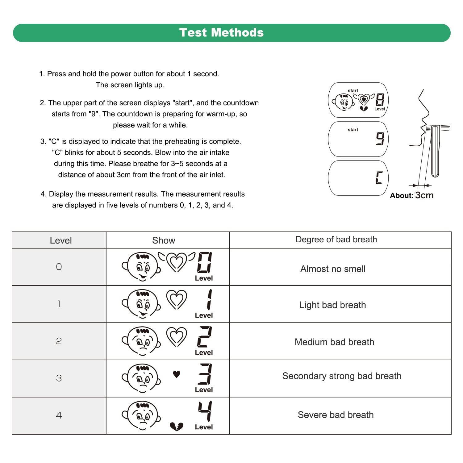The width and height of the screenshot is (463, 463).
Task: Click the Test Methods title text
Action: coord(221,32)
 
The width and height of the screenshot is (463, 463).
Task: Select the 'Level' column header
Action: coord(60,240)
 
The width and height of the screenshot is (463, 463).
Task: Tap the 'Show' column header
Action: coord(164,240)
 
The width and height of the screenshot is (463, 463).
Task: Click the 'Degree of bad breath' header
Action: coord(336,240)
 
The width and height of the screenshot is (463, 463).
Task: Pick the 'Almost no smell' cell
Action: coord(333,269)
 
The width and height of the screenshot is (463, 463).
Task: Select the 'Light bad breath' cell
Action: coord(332,305)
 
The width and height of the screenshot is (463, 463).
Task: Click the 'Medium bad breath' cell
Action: coord(334,342)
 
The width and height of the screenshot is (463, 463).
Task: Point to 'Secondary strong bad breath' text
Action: coord(342,376)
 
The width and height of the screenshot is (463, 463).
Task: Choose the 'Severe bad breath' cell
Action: coord(336,415)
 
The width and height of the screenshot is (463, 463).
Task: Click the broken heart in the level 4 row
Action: coord(177,427)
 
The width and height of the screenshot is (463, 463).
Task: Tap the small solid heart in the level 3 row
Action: coord(177,374)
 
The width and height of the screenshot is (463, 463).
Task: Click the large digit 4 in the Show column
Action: coord(205,411)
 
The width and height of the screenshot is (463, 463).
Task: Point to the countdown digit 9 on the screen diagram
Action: coord(380,139)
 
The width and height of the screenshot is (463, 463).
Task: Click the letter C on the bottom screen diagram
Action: coord(379,178)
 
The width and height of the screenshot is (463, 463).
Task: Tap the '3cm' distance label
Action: coord(424,195)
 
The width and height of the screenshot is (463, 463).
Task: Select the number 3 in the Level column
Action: coord(59,378)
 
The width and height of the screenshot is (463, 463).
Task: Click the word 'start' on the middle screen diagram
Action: coord(353,130)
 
